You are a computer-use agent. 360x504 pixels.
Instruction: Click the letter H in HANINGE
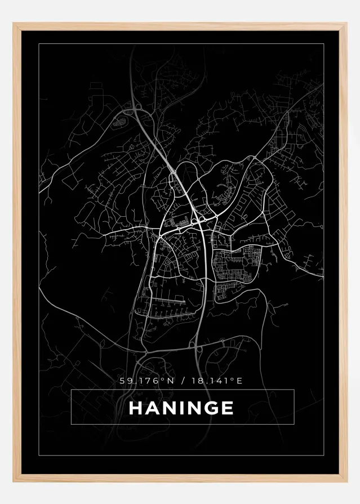pos(136,408)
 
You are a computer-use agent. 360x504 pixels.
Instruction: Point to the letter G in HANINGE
pos(211,408)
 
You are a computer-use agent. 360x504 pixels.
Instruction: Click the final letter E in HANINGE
pos(228,408)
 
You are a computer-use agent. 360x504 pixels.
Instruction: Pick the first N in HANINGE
pos(169,408)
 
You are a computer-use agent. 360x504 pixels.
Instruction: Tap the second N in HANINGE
pos(195,408)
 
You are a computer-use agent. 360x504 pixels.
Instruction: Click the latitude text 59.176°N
pos(147,381)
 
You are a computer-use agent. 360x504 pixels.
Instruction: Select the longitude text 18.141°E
pos(216,381)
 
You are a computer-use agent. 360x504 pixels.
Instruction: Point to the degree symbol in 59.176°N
pos(163,379)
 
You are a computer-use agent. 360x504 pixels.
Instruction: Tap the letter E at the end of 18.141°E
pos(239,381)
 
